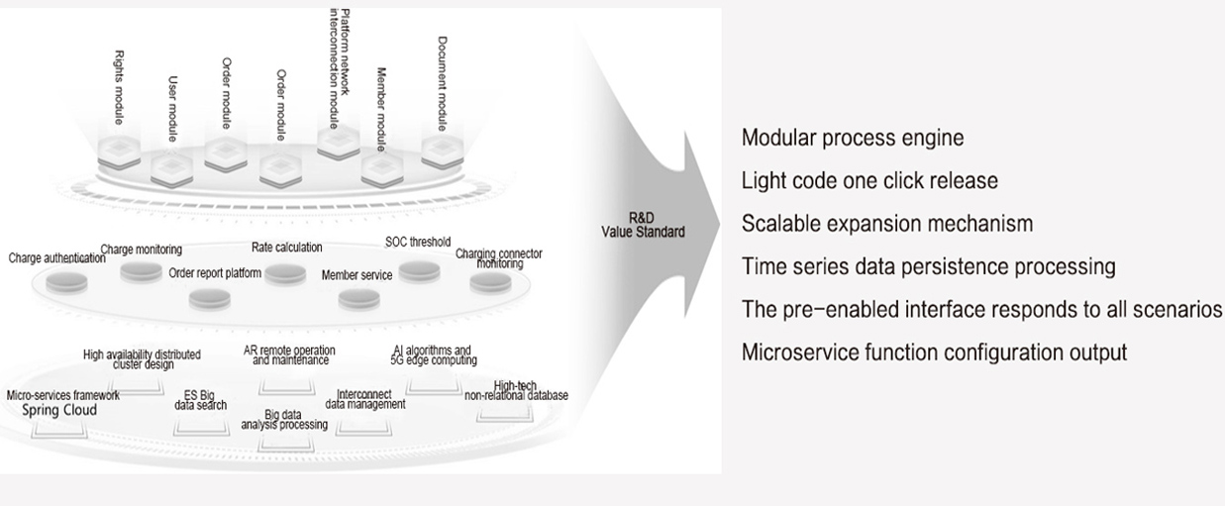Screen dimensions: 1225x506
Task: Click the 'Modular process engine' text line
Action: coord(853,138)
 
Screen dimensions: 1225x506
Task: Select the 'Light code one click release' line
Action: coord(869,180)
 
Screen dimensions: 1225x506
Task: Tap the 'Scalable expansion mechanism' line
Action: coord(887,224)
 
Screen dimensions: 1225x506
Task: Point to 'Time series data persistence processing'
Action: coord(929,266)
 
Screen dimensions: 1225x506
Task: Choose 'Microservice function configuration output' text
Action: coord(934,353)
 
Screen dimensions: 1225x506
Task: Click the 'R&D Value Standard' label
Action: coord(643,225)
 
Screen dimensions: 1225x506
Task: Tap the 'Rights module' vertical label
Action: coord(119,87)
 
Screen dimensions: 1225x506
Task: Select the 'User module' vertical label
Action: coord(173,109)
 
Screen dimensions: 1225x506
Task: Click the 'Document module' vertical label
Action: coord(443,84)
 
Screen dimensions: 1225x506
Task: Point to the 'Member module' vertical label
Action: coord(381,109)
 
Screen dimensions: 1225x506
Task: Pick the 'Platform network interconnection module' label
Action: coord(339,68)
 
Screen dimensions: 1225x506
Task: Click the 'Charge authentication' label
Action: coord(56,258)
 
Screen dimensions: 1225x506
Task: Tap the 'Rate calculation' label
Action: coord(286,248)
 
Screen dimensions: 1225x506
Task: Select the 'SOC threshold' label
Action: coord(418,242)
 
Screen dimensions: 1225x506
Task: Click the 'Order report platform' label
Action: coord(215,273)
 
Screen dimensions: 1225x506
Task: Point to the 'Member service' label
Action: coord(357,275)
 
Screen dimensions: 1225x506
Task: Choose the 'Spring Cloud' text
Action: coord(59,410)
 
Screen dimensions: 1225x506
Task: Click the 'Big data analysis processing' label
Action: coord(284,420)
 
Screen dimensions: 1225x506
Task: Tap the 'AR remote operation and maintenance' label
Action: coord(289,355)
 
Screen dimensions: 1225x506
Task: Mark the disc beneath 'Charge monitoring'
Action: coord(141,272)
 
